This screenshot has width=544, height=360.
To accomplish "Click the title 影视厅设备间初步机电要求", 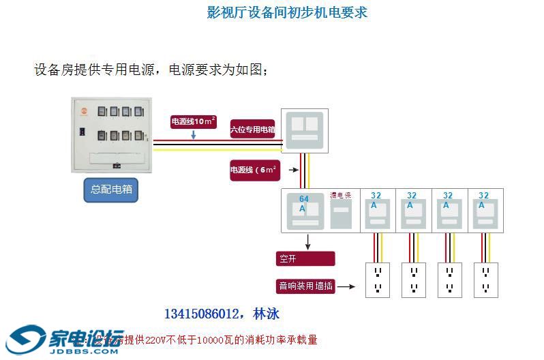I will click(x=287, y=13).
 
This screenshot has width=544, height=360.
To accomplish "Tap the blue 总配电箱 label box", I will click(x=111, y=189).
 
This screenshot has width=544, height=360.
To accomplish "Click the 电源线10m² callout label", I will click(x=194, y=121).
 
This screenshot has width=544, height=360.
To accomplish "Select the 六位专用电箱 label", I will click(x=252, y=129).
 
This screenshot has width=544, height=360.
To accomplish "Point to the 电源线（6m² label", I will click(x=254, y=170).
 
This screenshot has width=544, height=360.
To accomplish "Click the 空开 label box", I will click(x=305, y=259).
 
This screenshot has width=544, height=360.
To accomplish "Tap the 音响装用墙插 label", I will click(x=305, y=286).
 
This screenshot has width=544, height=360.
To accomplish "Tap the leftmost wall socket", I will click(x=378, y=280).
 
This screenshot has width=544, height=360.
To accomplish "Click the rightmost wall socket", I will click(x=485, y=280).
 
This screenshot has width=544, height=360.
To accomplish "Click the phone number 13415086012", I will click(x=201, y=314).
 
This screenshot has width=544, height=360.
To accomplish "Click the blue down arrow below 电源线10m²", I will click(x=194, y=135).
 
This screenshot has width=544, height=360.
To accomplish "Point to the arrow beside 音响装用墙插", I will click(x=346, y=286).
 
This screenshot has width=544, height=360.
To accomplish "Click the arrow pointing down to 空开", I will click(x=308, y=241).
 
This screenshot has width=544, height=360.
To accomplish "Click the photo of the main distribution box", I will click(x=111, y=134).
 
